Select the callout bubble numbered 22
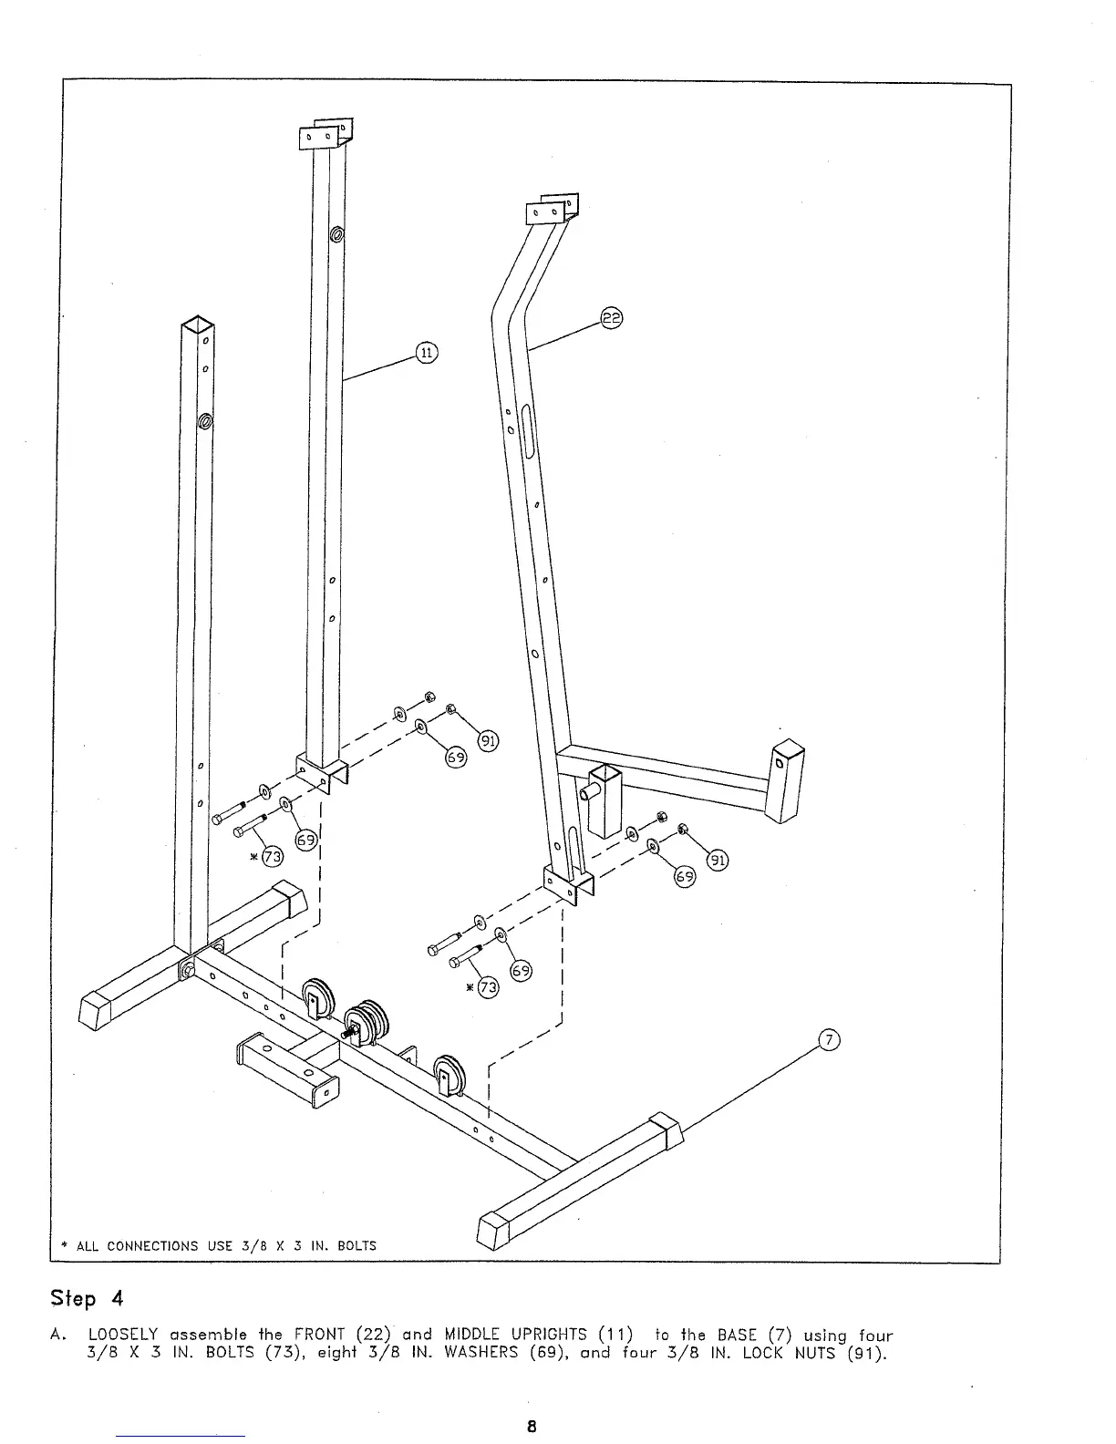[x=611, y=318]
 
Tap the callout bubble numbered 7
[x=828, y=1040]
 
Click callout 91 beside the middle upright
[x=490, y=740]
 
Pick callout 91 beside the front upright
[x=718, y=859]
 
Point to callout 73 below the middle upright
[x=272, y=856]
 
